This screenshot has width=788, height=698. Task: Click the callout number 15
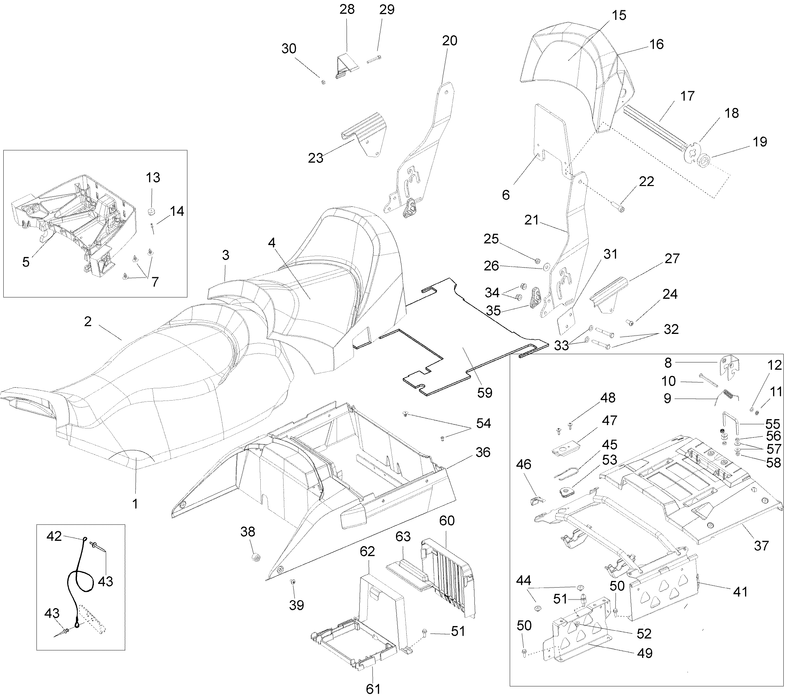pyautogui.click(x=619, y=15)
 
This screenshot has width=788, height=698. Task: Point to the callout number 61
pyautogui.click(x=373, y=688)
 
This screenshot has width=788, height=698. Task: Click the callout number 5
pyautogui.click(x=26, y=262)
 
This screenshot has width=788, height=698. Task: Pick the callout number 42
pyautogui.click(x=54, y=536)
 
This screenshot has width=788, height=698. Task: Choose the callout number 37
pyautogui.click(x=761, y=545)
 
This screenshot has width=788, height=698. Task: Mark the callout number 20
pyautogui.click(x=449, y=40)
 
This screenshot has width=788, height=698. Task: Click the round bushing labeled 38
pyautogui.click(x=255, y=558)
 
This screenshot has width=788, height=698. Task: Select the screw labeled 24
pyautogui.click(x=629, y=321)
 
